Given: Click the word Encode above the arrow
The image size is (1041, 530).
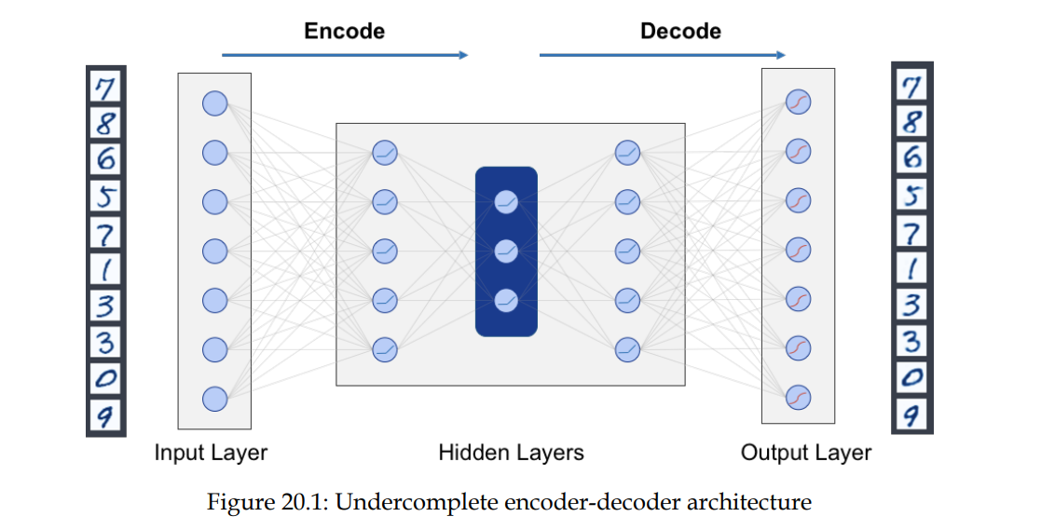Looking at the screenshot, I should coord(344,31).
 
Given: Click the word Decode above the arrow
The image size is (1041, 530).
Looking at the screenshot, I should coord(680,31).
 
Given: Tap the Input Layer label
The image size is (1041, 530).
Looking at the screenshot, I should coord(211,454).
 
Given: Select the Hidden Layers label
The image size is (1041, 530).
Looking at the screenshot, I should coord(511,454).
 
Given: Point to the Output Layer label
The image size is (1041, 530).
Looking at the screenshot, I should coord(806,454).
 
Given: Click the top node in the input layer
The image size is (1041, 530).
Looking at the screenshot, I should coord(215,103).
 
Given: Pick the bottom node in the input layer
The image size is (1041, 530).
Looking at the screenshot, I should coord(215,399).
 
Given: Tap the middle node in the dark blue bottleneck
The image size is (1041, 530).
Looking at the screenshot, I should coord(506,251).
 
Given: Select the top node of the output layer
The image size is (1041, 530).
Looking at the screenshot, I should coord(799,102).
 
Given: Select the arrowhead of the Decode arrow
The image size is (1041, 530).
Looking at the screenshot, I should coord(781,55).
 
